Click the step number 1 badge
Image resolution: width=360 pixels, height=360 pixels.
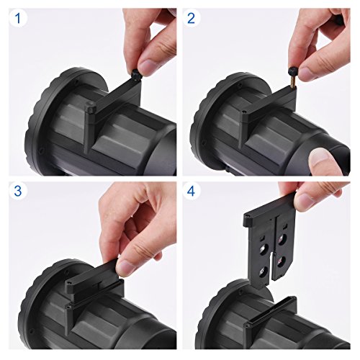[18, 18]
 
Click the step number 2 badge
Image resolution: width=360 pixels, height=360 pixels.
[191, 18]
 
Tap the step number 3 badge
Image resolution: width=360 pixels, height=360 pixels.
[18, 191]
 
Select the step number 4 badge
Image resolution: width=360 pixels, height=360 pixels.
[191, 191]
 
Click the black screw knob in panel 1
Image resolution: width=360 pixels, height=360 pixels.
[135, 73]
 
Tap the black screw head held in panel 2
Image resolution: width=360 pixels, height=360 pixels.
[292, 70]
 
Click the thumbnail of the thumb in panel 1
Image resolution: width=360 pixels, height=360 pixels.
[147, 66]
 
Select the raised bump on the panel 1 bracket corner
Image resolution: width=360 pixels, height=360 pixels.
[91, 104]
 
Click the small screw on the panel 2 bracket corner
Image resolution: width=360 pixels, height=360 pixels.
[244, 112]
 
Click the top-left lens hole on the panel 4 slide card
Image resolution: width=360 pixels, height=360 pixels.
[264, 248]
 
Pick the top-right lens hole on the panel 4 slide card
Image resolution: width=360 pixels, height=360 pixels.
[283, 239]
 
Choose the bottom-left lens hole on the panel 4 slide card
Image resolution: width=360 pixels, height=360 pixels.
[263, 271]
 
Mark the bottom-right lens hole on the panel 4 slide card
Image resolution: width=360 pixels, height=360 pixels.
[281, 261]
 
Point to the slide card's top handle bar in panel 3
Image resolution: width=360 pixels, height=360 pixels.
[92, 271]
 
